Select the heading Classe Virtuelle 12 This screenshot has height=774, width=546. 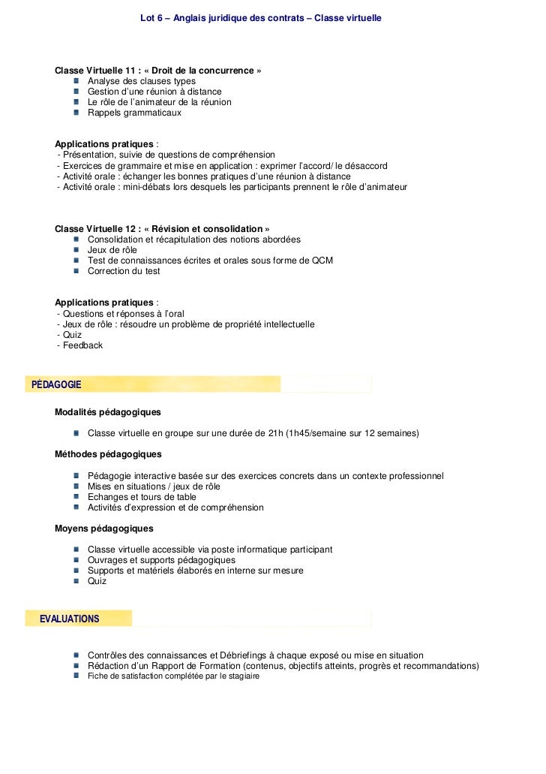click(162, 229)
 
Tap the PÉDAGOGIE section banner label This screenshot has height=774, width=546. click(56, 384)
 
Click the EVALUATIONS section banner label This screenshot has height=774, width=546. click(69, 619)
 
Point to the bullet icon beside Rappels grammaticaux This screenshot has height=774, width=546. click(77, 113)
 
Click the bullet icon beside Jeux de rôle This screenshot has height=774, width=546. click(77, 250)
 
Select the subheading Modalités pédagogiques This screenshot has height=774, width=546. click(107, 412)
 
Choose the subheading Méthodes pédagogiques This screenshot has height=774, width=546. click(108, 454)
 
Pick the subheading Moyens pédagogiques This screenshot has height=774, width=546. click(103, 529)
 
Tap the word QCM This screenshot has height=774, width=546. click(322, 261)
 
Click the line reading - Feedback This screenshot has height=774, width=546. click(79, 345)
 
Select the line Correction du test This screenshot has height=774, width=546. click(124, 271)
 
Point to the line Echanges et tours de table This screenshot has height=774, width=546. click(142, 497)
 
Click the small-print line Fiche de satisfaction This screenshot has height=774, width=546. click(173, 676)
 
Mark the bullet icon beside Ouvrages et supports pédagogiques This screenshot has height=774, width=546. click(77, 560)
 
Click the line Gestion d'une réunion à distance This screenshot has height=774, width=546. click(154, 92)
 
